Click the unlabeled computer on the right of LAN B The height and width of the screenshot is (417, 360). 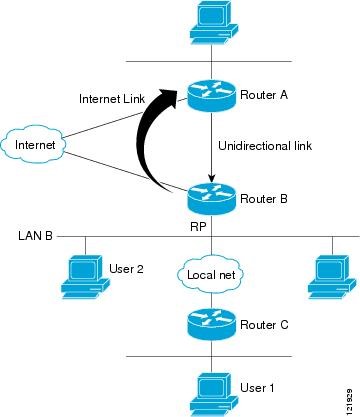point(332,275)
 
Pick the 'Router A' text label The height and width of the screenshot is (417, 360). point(264,96)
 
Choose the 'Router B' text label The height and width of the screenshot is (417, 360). point(264,199)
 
